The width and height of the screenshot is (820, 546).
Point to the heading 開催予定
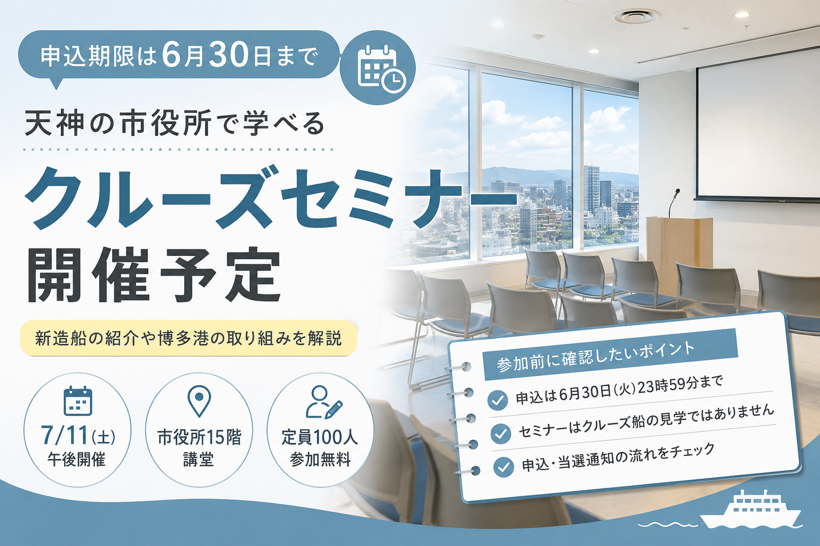click(154, 275)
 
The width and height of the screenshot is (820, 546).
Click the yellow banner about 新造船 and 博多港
click(188, 338)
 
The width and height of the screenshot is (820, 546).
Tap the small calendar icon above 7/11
click(77, 401)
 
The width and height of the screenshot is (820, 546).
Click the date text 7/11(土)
click(78, 436)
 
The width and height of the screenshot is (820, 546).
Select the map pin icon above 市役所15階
click(199, 401)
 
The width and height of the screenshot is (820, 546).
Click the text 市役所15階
click(199, 437)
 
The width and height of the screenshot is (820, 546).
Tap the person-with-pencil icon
click(324, 402)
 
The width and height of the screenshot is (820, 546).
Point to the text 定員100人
click(320, 437)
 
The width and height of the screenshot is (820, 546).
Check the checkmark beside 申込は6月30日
click(498, 400)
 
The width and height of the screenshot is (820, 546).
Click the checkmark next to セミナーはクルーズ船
click(500, 433)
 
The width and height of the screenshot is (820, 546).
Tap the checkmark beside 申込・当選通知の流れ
click(504, 467)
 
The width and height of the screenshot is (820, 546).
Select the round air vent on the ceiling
click(635, 15)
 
